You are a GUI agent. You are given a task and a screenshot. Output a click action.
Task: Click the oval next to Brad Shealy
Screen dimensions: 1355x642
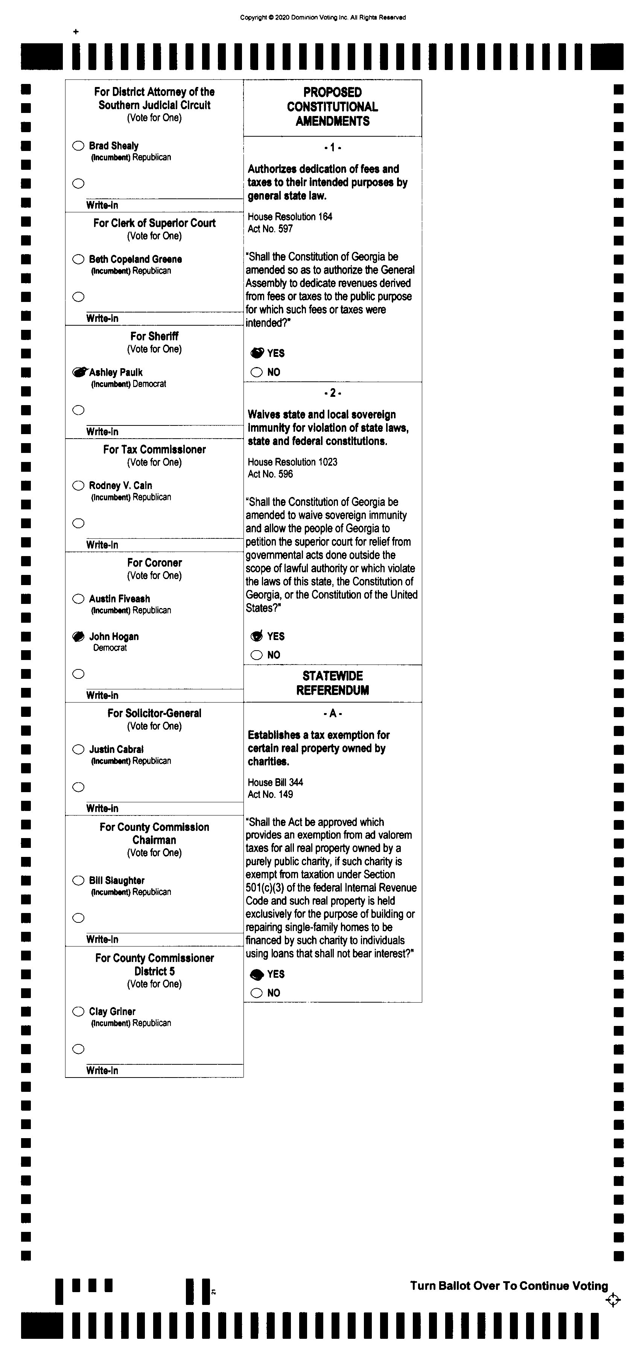click(78, 146)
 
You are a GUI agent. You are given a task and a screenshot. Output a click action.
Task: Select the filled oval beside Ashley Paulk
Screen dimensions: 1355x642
click(78, 372)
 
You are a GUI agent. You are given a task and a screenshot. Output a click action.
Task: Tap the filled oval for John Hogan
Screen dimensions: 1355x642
click(78, 637)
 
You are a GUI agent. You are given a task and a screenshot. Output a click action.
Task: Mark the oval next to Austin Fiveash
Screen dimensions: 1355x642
click(78, 599)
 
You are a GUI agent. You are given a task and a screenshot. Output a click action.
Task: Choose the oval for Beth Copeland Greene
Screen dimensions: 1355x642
click(78, 259)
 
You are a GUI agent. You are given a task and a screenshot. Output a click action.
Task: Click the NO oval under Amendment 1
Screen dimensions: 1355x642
click(257, 372)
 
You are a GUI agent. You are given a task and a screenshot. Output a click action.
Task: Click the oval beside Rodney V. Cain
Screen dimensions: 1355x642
click(78, 486)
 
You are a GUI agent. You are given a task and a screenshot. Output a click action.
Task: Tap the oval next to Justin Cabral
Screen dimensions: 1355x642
click(78, 749)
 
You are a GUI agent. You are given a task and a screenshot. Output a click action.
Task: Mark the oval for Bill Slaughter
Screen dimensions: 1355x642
click(78, 881)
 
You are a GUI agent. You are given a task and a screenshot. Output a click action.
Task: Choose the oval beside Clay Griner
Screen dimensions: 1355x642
click(78, 1012)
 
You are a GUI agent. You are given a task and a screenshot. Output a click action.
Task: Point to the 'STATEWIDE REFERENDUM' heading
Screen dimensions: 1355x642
click(332, 683)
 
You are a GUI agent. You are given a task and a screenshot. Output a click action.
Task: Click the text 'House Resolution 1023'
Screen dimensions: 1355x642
click(292, 462)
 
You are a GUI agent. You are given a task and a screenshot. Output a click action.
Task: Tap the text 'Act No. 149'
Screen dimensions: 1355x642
click(270, 794)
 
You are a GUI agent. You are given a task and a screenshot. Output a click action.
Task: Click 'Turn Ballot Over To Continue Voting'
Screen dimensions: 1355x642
click(508, 1286)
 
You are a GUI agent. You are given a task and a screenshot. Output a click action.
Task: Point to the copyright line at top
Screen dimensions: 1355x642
click(323, 17)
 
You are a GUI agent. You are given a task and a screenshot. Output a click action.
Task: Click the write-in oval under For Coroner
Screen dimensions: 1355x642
click(78, 674)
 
